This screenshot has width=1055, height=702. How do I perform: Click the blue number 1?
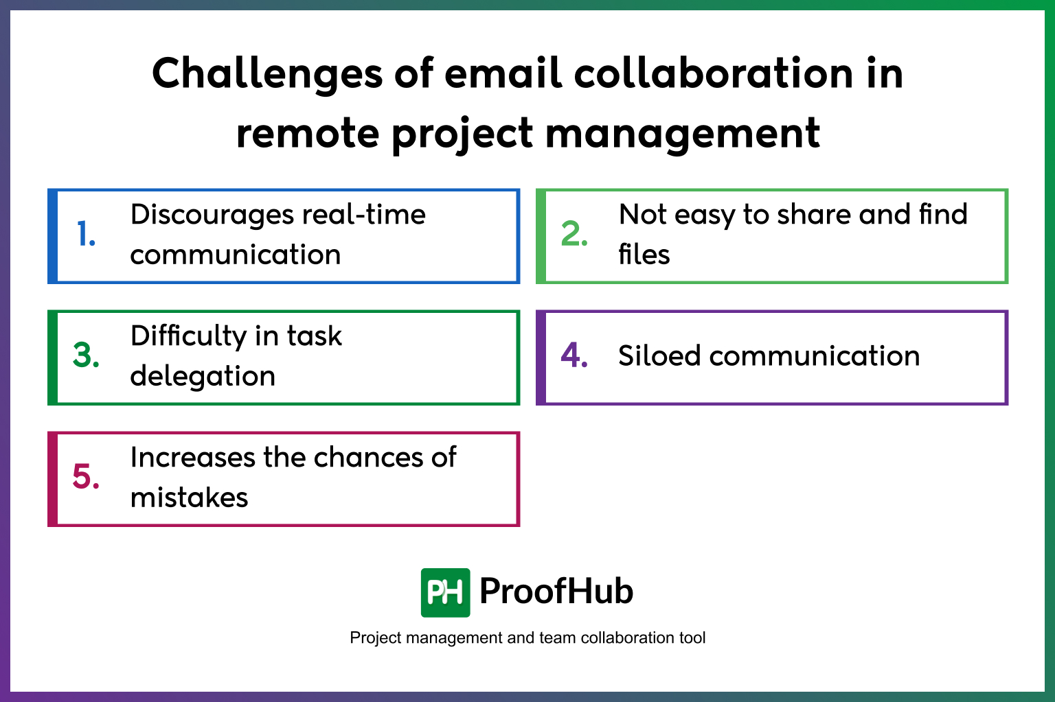[x=86, y=234]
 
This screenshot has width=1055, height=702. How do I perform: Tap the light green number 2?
[x=574, y=234]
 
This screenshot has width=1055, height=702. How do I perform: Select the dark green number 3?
[x=86, y=355]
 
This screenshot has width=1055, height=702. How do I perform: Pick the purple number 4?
[x=574, y=355]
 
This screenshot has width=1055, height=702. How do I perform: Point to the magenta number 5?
[x=86, y=477]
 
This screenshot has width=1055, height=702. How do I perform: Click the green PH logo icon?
[x=445, y=592]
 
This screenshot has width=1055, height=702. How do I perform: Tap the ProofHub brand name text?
[x=556, y=592]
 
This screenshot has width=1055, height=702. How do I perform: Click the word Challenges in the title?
[x=266, y=74]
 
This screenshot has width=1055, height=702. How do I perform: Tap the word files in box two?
[x=644, y=255]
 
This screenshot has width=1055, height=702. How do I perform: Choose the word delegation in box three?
[x=203, y=376]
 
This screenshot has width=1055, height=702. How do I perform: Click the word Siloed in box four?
[x=659, y=356]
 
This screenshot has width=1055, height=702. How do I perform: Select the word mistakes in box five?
[x=189, y=498]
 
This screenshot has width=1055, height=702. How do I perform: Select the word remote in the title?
[x=307, y=134]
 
